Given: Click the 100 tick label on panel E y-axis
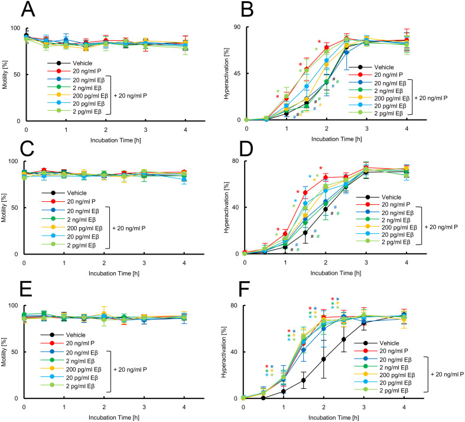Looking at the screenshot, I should (x=13, y=305).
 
